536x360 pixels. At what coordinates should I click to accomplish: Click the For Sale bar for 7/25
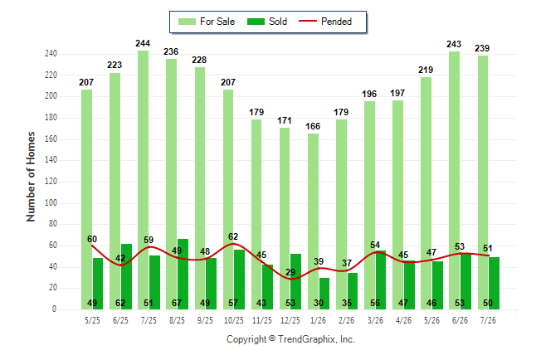point(144,180)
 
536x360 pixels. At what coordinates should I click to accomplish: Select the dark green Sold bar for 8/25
point(183,274)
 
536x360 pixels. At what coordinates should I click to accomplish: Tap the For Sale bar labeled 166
point(313,221)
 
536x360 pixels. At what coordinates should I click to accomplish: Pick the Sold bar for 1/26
point(324,294)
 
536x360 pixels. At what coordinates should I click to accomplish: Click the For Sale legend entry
point(207,22)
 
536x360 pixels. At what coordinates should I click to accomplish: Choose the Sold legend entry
point(267,22)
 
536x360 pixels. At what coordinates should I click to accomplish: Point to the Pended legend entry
point(325,22)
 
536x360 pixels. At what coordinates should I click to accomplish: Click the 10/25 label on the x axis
point(234,320)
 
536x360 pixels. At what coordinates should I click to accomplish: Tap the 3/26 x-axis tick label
point(375,320)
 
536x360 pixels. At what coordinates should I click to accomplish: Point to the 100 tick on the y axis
point(51,202)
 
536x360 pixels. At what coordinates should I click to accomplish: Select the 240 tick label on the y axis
point(51,54)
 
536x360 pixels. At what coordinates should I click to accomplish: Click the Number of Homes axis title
point(31,177)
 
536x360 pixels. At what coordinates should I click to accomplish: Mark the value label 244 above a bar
point(143,43)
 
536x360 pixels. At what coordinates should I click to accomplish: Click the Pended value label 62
point(233,236)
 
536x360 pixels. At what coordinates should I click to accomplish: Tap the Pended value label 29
point(290,272)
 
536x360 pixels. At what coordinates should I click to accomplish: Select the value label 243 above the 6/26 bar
point(454,44)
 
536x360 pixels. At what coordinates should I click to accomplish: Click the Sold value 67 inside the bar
point(177,303)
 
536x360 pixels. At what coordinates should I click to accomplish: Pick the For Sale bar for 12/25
point(285,218)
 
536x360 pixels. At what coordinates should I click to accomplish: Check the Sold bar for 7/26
point(494,283)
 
